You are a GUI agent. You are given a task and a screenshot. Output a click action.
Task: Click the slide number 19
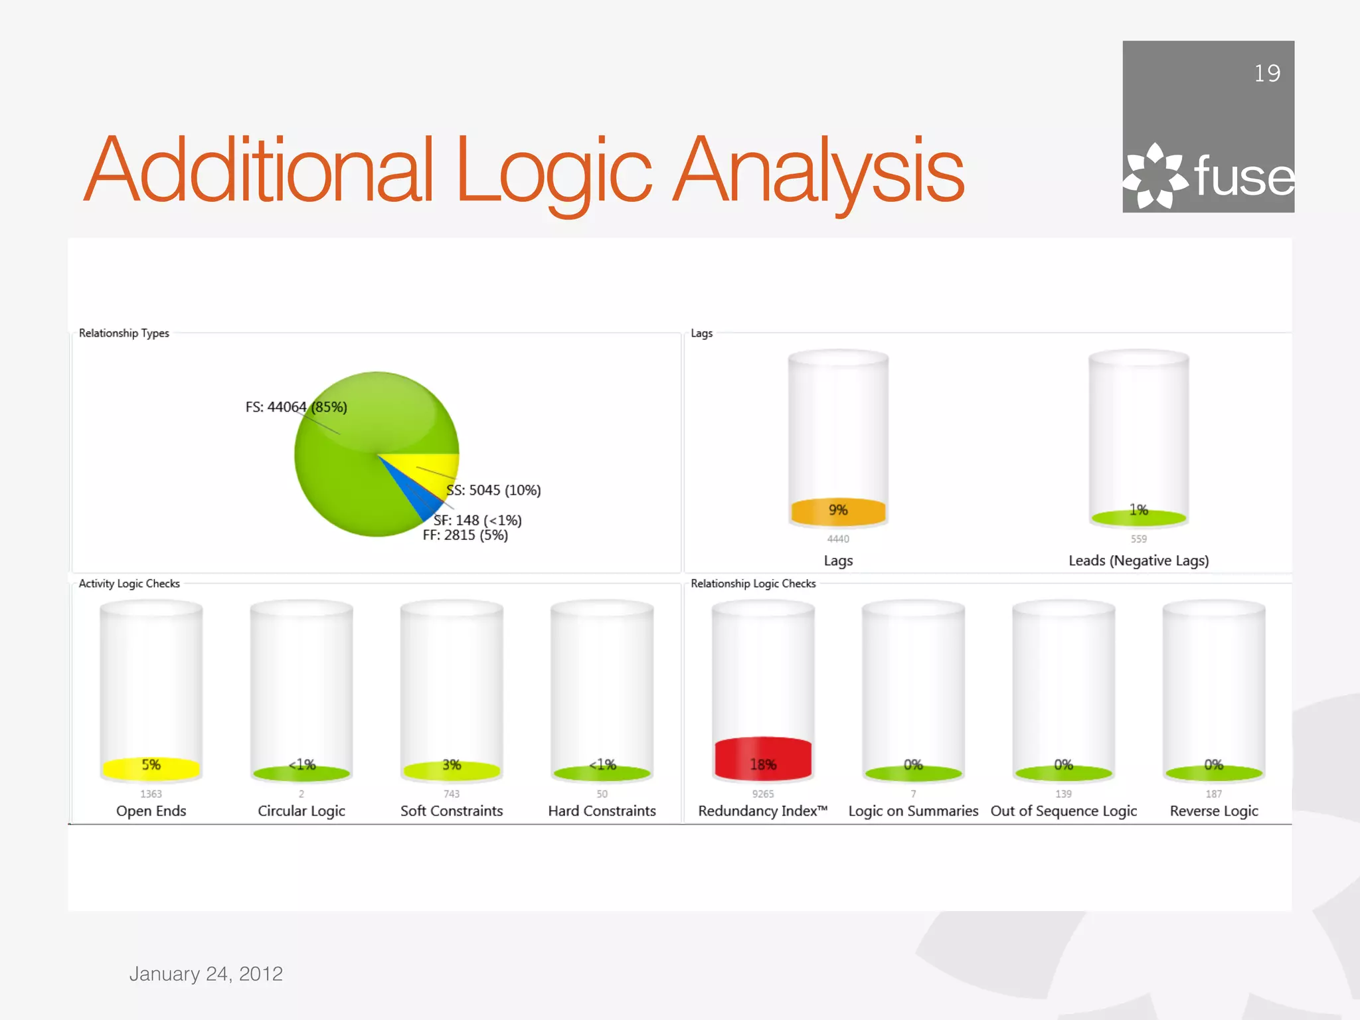pyautogui.click(x=1266, y=73)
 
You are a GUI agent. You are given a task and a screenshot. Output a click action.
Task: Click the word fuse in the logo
pyautogui.click(x=1243, y=177)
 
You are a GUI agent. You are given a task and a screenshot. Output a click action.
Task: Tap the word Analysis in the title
pyautogui.click(x=818, y=171)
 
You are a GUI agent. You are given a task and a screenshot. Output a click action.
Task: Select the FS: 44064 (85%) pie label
pyautogui.click(x=296, y=407)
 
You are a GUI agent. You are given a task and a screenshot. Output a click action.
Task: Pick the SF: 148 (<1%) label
pyautogui.click(x=477, y=520)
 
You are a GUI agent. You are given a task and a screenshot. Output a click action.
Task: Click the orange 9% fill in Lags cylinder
pyautogui.click(x=838, y=511)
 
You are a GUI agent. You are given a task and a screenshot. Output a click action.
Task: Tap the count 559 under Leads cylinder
pyautogui.click(x=1138, y=539)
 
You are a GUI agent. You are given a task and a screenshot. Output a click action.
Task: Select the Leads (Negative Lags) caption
pyautogui.click(x=1138, y=560)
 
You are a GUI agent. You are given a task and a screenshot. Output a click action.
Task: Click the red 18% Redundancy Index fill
pyautogui.click(x=763, y=758)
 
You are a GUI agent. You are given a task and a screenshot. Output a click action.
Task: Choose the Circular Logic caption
pyautogui.click(x=301, y=811)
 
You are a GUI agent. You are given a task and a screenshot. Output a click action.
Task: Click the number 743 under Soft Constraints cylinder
pyautogui.click(x=452, y=794)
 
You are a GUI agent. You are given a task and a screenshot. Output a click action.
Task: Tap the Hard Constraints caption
pyautogui.click(x=602, y=811)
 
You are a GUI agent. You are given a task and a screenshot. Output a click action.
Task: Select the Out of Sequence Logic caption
pyautogui.click(x=1063, y=811)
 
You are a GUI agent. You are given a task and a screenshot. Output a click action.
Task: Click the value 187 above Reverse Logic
pyautogui.click(x=1213, y=794)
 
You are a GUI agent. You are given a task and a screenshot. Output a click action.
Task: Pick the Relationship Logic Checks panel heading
pyautogui.click(x=752, y=584)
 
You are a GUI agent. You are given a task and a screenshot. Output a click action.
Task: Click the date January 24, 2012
pyautogui.click(x=206, y=974)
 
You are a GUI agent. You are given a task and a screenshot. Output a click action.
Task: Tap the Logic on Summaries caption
pyautogui.click(x=913, y=811)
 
